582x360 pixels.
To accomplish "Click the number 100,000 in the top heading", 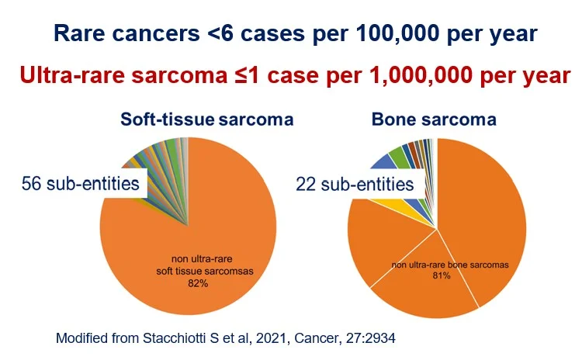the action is (398, 34).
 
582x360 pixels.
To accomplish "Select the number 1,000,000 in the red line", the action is (421, 76).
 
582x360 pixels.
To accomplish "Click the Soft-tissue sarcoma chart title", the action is (207, 119).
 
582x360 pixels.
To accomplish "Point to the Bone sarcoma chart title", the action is (434, 119).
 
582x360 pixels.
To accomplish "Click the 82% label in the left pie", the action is (198, 283).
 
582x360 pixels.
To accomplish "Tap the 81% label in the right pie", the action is (442, 275).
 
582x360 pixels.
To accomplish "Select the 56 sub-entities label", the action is (81, 183).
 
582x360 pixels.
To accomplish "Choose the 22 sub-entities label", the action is (355, 184).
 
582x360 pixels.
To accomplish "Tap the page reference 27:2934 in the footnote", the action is (370, 338).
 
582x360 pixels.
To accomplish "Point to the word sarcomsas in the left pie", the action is (229, 271).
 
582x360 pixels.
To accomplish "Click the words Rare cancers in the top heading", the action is (127, 34).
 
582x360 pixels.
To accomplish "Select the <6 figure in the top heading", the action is (221, 34).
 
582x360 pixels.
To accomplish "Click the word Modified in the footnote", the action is (81, 338).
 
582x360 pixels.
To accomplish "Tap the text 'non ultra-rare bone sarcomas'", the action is (450, 265).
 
